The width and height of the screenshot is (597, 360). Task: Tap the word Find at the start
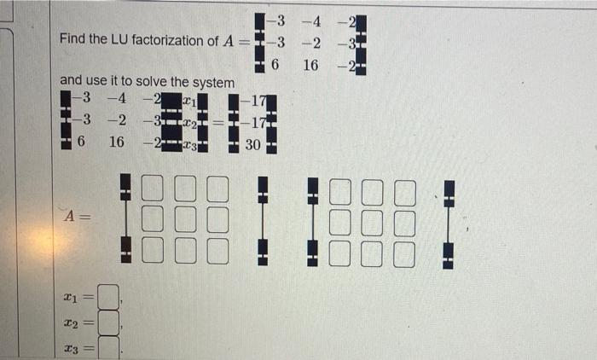coord(74,41)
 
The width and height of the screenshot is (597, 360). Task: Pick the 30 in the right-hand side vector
coord(253,145)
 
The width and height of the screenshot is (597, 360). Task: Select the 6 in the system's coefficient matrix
coord(83,142)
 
